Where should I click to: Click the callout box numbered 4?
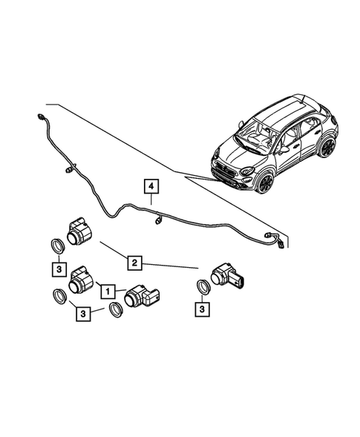point(151,185)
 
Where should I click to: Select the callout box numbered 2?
point(134,262)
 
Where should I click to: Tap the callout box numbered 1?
point(109,292)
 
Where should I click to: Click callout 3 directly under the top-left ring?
point(56,267)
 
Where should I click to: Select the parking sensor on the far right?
point(226,277)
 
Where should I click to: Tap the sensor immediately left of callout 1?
point(79,280)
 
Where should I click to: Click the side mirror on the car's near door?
point(284,149)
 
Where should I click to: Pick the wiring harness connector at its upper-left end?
point(38,116)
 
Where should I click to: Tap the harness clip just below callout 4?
point(158,220)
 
